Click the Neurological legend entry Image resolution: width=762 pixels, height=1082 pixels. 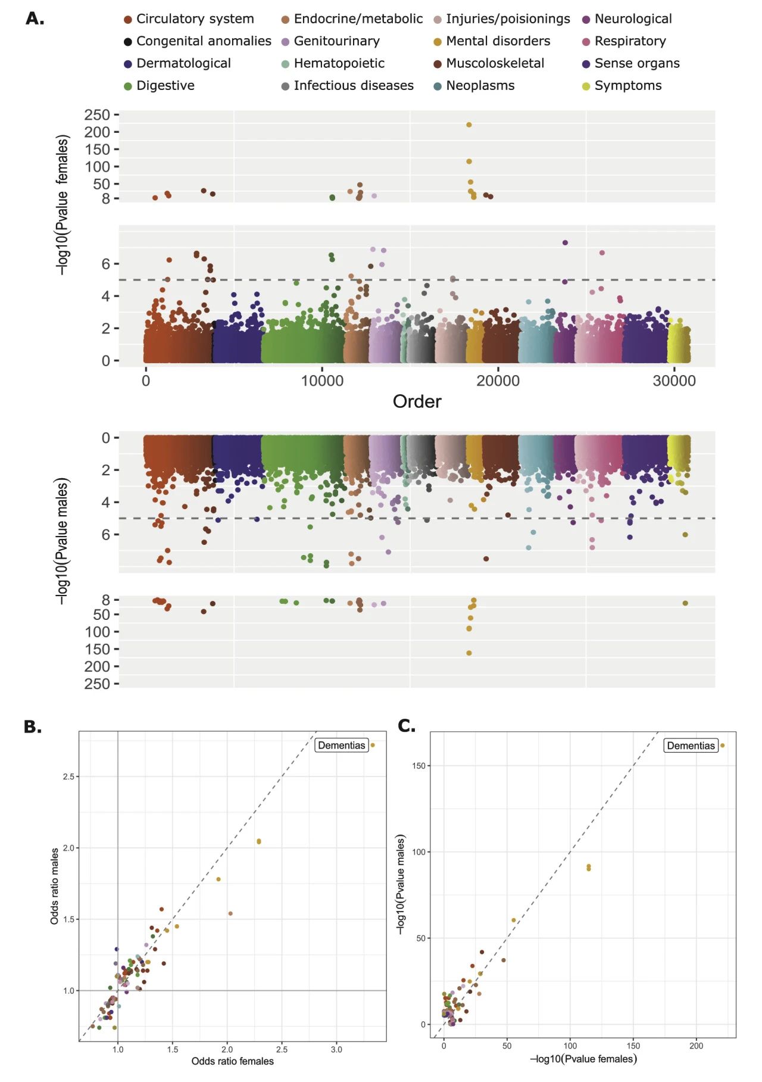633,19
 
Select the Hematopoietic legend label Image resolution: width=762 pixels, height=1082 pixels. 339,63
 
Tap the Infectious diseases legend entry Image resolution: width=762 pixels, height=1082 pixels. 353,86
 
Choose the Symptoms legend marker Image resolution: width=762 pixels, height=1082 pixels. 586,86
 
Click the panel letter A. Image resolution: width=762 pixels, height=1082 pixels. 35,18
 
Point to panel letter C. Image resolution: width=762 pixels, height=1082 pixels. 407,726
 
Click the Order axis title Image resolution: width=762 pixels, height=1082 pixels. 417,401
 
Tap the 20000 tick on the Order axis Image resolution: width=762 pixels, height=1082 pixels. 498,381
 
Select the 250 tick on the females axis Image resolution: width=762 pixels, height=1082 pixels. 97,115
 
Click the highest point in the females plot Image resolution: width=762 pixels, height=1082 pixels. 469,125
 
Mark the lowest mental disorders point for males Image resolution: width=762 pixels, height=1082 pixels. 469,653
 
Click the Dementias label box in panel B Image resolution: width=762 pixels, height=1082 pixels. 341,746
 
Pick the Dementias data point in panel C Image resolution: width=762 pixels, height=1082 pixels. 723,746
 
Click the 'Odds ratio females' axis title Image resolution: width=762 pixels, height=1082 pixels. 232,1061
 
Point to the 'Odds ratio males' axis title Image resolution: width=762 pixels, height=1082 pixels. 54,886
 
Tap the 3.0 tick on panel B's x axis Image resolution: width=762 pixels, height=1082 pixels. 336,1050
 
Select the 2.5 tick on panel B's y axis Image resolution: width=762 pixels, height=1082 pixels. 68,777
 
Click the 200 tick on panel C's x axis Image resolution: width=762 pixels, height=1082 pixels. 696,1046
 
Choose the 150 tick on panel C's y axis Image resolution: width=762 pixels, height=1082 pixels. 419,766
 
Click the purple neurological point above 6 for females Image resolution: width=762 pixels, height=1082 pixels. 565,243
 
